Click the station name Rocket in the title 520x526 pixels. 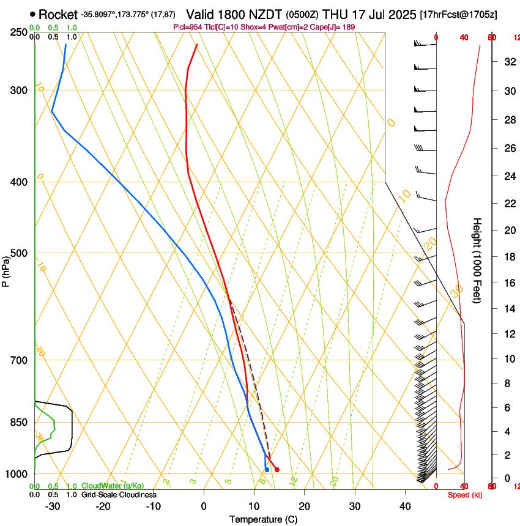click(58, 14)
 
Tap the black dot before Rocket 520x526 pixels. click(32, 14)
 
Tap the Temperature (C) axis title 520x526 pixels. click(263, 520)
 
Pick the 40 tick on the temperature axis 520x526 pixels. click(405, 506)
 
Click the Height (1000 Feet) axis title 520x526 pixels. click(477, 260)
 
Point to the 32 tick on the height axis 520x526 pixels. click(508, 62)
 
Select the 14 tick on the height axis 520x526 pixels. click(508, 309)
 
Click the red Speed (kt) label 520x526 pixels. click(465, 495)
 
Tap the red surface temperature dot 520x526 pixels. click(277, 470)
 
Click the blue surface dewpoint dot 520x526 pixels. click(267, 470)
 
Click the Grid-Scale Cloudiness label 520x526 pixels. click(119, 495)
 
